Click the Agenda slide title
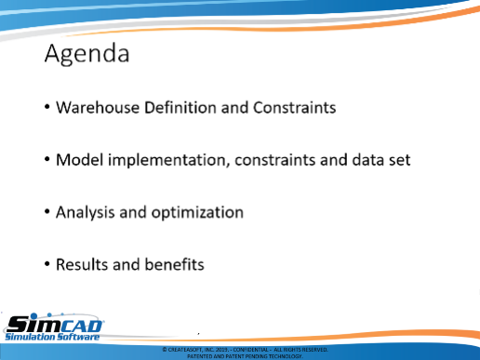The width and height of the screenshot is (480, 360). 87,54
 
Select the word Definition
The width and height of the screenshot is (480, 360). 180,107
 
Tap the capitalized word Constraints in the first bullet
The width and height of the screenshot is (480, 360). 294,108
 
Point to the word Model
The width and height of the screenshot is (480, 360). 80,160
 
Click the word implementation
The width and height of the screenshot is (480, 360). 168,161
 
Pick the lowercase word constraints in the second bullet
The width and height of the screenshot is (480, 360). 275,160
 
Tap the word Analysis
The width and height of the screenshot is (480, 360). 86,213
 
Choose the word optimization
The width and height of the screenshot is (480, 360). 197,213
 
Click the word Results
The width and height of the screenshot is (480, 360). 82,264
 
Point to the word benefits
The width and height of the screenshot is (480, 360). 174,264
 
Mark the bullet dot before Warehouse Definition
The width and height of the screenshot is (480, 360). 47,107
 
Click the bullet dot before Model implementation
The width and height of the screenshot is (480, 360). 47,160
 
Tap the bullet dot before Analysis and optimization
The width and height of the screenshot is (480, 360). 47,212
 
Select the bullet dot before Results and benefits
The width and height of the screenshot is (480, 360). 47,264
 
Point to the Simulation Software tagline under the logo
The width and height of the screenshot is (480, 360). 52,337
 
